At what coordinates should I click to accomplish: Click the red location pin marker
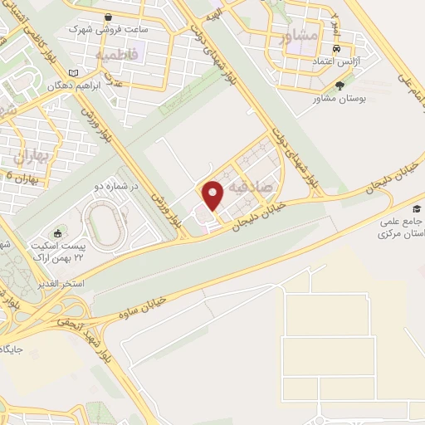pyautogui.click(x=213, y=195)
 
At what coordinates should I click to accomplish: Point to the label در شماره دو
pyautogui.click(x=114, y=186)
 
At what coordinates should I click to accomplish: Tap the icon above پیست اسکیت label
pyautogui.click(x=57, y=233)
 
